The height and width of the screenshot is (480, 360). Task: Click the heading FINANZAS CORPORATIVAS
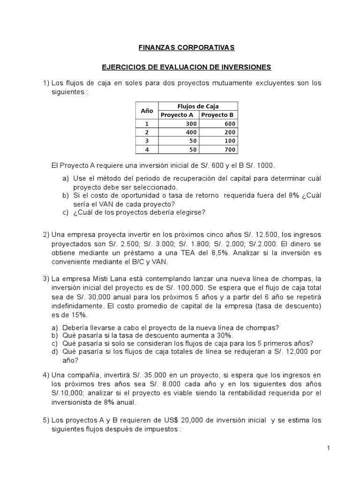pyautogui.click(x=180, y=48)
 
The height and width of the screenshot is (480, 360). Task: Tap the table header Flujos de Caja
pyautogui.click(x=198, y=106)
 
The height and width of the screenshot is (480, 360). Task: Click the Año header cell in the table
pyautogui.click(x=147, y=110)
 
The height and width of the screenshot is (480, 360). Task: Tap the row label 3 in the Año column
pyautogui.click(x=146, y=141)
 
